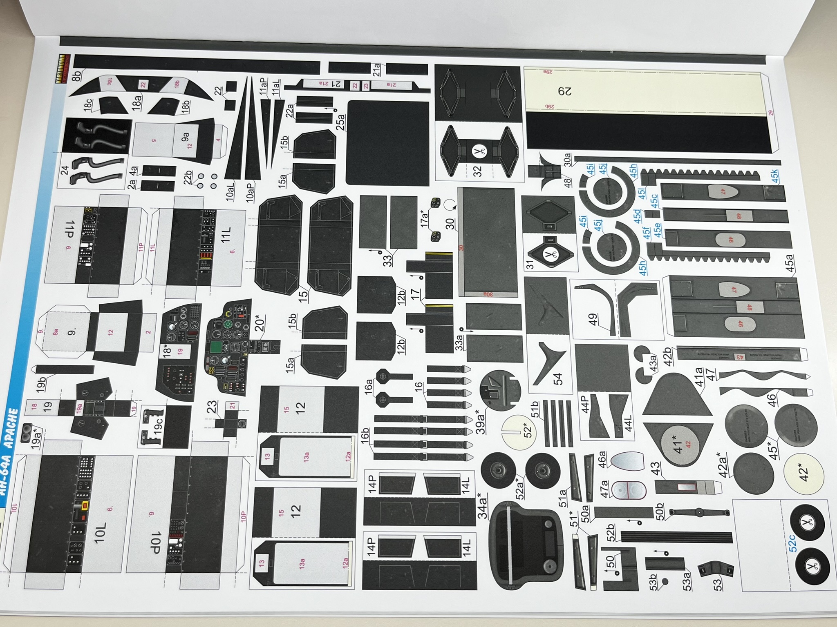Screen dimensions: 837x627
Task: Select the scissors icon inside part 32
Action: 477,152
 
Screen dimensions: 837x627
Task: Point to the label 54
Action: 557,379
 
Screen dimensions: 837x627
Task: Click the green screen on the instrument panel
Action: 215,348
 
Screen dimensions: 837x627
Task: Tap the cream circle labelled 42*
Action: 803,472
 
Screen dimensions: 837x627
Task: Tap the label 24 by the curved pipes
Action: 65,170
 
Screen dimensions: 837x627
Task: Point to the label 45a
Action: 790,263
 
